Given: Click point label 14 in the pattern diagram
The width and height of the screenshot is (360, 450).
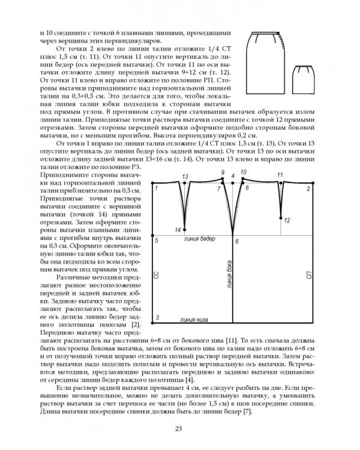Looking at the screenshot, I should coord(177,230).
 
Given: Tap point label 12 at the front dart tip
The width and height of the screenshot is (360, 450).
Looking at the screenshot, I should coord(287,220).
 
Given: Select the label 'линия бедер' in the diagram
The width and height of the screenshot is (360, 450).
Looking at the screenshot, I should coord(200,239).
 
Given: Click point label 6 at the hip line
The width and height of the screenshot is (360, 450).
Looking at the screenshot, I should coord(237,241).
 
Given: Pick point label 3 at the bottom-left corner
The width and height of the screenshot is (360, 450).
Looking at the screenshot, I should coord(157,317).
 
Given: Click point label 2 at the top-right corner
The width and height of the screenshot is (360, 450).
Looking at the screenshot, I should coord(308,189).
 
